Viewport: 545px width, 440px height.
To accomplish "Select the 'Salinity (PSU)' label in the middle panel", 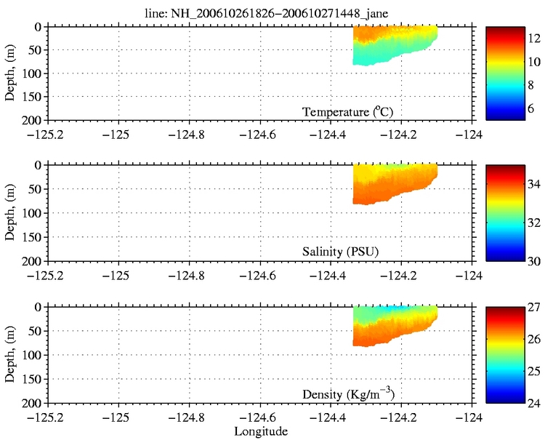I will click(x=340, y=252).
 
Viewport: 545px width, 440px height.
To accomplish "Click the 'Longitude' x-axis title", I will click(x=261, y=431).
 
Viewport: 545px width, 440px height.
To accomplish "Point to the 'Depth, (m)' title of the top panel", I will click(x=11, y=72).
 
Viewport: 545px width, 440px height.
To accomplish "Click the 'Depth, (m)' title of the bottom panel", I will click(x=11, y=354).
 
